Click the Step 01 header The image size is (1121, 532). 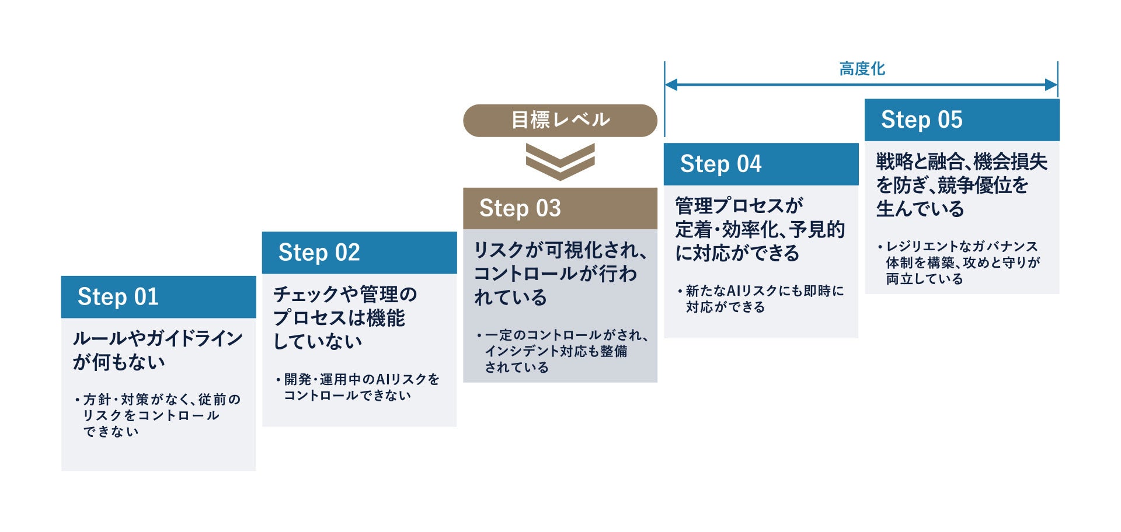click(158, 297)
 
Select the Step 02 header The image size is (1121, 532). click(359, 253)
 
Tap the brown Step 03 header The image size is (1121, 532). click(560, 208)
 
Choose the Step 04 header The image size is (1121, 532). click(761, 164)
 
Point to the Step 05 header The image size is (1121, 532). click(962, 120)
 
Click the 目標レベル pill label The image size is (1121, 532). click(560, 120)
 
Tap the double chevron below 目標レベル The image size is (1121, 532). click(560, 162)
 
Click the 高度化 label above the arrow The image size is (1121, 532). click(862, 69)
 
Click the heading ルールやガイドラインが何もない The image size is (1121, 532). click(157, 350)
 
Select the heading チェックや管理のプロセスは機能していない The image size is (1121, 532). click(345, 318)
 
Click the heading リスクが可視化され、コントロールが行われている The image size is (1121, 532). click(559, 274)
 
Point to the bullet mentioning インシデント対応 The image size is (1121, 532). click(562, 351)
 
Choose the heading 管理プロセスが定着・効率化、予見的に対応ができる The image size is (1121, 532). click(760, 229)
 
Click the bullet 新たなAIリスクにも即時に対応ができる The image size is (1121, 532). click(762, 299)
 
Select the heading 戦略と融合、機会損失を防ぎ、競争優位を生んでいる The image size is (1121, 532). click(961, 185)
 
